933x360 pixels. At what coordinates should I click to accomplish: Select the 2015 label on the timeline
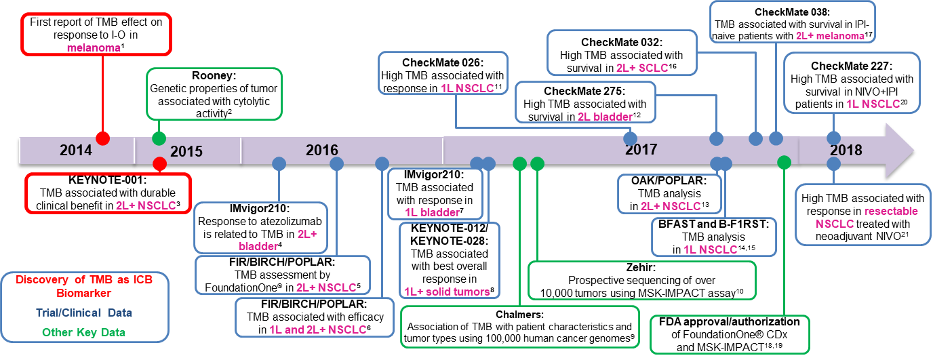point(186,151)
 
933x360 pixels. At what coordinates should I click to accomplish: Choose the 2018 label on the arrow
point(846,150)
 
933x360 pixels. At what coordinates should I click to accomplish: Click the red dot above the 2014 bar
point(102,138)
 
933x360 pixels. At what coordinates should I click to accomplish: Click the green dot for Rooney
point(159,138)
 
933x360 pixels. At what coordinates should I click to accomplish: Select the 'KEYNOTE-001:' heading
point(107,182)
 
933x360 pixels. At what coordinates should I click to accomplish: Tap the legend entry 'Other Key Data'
point(83,332)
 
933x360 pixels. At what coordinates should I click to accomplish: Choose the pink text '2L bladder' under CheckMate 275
point(604,117)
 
